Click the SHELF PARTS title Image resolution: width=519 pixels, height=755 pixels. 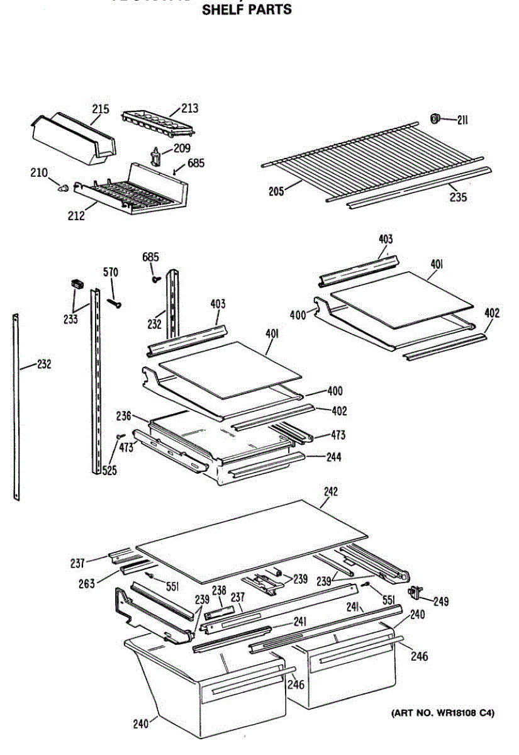(246, 10)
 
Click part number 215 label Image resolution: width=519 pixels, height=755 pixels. (101, 109)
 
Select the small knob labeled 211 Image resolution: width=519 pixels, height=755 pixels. (434, 118)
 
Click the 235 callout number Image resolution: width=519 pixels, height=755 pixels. (458, 197)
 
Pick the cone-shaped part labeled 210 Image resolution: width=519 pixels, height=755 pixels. (62, 187)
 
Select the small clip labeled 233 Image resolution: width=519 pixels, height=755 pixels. (77, 284)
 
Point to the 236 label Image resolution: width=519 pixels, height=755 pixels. (123, 416)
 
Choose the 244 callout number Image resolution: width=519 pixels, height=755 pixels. (333, 457)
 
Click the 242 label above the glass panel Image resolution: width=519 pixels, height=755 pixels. (330, 491)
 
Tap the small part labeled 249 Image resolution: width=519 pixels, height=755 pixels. (415, 591)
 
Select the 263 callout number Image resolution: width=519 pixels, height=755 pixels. (87, 584)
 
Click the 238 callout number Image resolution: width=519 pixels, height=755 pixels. (218, 590)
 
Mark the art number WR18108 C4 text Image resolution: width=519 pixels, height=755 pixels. (443, 713)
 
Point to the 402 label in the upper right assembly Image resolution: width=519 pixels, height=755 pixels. (492, 313)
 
